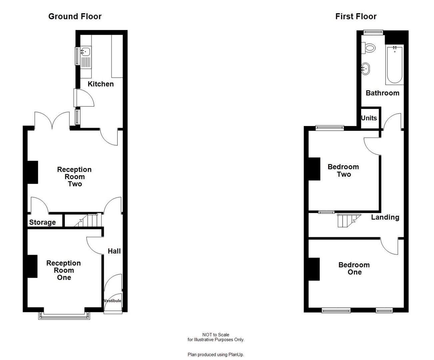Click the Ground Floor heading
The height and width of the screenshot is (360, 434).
pyautogui.click(x=75, y=16)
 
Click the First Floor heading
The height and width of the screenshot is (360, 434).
pyautogui.click(x=356, y=16)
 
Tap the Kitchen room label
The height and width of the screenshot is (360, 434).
pyautogui.click(x=101, y=84)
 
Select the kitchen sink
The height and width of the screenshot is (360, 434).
pyautogui.click(x=85, y=52)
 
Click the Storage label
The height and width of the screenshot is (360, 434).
pyautogui.click(x=42, y=222)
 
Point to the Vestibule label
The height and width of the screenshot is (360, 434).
pyautogui.click(x=113, y=301)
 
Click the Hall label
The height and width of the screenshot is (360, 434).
pyautogui.click(x=114, y=251)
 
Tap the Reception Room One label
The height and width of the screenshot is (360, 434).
pyautogui.click(x=64, y=270)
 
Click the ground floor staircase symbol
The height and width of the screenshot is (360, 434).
pyautogui.click(x=87, y=220)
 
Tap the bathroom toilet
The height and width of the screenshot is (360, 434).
pyautogui.click(x=370, y=48)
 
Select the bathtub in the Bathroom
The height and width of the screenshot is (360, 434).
pyautogui.click(x=394, y=65)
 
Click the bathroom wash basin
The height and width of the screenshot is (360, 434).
pyautogui.click(x=365, y=69)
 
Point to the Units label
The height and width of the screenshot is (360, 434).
pyautogui.click(x=369, y=118)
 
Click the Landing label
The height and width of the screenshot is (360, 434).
pyautogui.click(x=385, y=217)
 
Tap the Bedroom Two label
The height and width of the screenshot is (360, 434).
pyautogui.click(x=343, y=170)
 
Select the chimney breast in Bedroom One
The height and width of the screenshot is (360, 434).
pyautogui.click(x=314, y=269)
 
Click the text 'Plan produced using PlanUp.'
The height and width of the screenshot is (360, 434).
pyautogui.click(x=216, y=355)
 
